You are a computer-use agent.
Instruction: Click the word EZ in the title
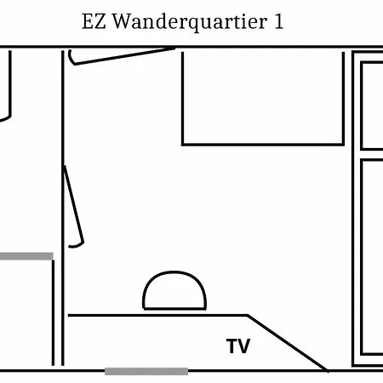pos(94,21)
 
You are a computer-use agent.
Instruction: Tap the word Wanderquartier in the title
pos(190,22)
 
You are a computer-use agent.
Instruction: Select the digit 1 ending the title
pos(278,21)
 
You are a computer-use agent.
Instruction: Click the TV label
pos(238,346)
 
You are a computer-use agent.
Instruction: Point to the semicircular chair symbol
pos(174,272)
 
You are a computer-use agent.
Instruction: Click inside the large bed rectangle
pos(263,98)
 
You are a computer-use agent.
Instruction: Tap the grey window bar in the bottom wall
pos(146,371)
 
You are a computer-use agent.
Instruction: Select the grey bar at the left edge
pos(26,256)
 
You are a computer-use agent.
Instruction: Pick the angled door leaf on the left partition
pos(74,204)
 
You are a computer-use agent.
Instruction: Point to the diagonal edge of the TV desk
pos(288,343)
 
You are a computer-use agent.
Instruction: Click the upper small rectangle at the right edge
pos(362,106)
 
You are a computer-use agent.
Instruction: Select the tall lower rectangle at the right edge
pos(362,257)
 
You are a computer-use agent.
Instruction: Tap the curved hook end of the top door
pos(71,59)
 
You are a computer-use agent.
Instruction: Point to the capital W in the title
pos(122,21)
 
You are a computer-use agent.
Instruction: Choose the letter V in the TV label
pos(244,346)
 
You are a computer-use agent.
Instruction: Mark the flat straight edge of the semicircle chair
pos(174,308)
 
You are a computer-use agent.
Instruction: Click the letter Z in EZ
pos(100,21)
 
